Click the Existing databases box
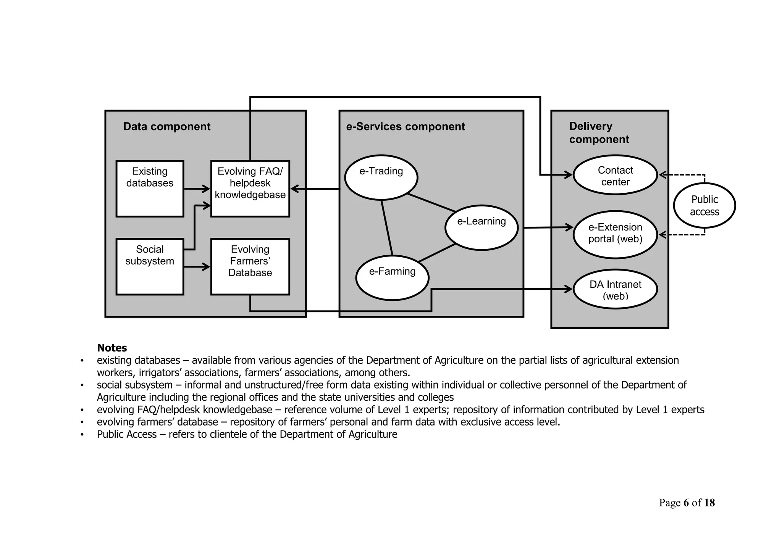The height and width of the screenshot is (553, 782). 150,189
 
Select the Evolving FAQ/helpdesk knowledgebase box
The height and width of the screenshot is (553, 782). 250,189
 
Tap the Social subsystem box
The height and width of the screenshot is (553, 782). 150,266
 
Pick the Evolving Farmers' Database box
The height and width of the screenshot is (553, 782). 250,266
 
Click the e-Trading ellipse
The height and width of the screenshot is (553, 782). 381,177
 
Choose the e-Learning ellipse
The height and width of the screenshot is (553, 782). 481,227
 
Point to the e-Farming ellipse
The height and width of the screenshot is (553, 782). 392,277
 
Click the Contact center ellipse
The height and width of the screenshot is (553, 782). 615,175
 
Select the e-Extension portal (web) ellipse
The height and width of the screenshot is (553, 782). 615,234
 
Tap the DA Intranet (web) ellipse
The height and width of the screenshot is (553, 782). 615,289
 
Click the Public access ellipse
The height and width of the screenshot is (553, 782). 704,205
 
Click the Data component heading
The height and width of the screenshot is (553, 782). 166,127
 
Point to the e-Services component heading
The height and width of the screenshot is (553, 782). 405,127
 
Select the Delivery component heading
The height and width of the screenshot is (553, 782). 599,133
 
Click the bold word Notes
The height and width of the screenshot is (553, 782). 112,348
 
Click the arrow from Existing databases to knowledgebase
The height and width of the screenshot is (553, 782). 197,189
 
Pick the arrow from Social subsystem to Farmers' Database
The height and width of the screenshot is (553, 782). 197,266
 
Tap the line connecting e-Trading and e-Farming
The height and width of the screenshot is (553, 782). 387,227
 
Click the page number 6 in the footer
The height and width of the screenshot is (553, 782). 686,503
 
